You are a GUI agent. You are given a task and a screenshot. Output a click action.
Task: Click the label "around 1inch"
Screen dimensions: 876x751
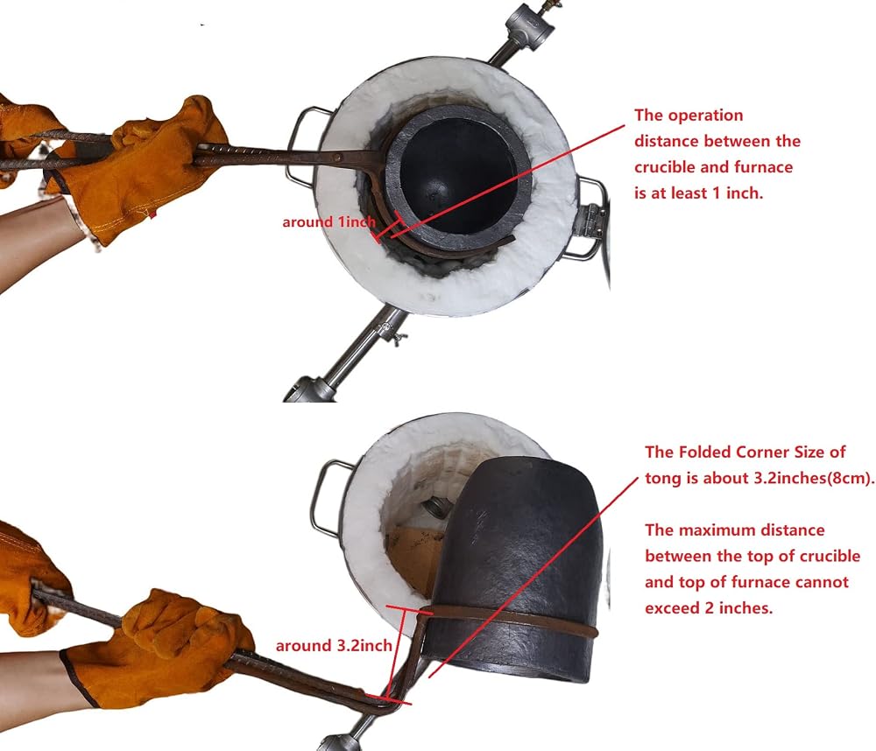coord(328,222)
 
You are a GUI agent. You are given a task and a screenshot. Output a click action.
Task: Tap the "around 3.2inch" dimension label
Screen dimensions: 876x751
coord(334,646)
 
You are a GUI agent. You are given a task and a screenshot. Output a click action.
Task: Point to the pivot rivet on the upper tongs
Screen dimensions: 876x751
coord(337,158)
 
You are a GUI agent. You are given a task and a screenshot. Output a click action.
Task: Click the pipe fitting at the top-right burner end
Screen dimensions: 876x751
coord(528,19)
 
